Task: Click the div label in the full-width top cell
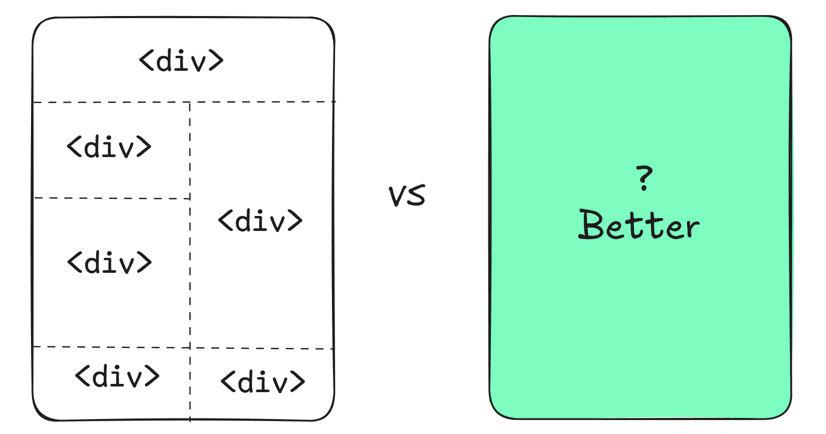coord(181,60)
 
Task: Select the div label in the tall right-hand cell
coord(260,221)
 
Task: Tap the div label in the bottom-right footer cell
coord(263,381)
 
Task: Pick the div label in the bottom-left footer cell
coord(117,376)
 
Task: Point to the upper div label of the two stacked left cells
coord(109,147)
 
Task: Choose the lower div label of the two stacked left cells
coord(109,262)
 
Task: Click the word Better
coord(639,225)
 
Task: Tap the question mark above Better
coord(644,178)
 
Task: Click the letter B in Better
coord(591,225)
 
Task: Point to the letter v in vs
coord(398,196)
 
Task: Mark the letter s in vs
coord(417,194)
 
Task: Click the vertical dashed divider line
coord(190,261)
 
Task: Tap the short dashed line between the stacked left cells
coord(112,198)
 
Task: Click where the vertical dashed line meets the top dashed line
coord(190,102)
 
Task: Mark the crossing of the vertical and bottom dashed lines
coord(190,348)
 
